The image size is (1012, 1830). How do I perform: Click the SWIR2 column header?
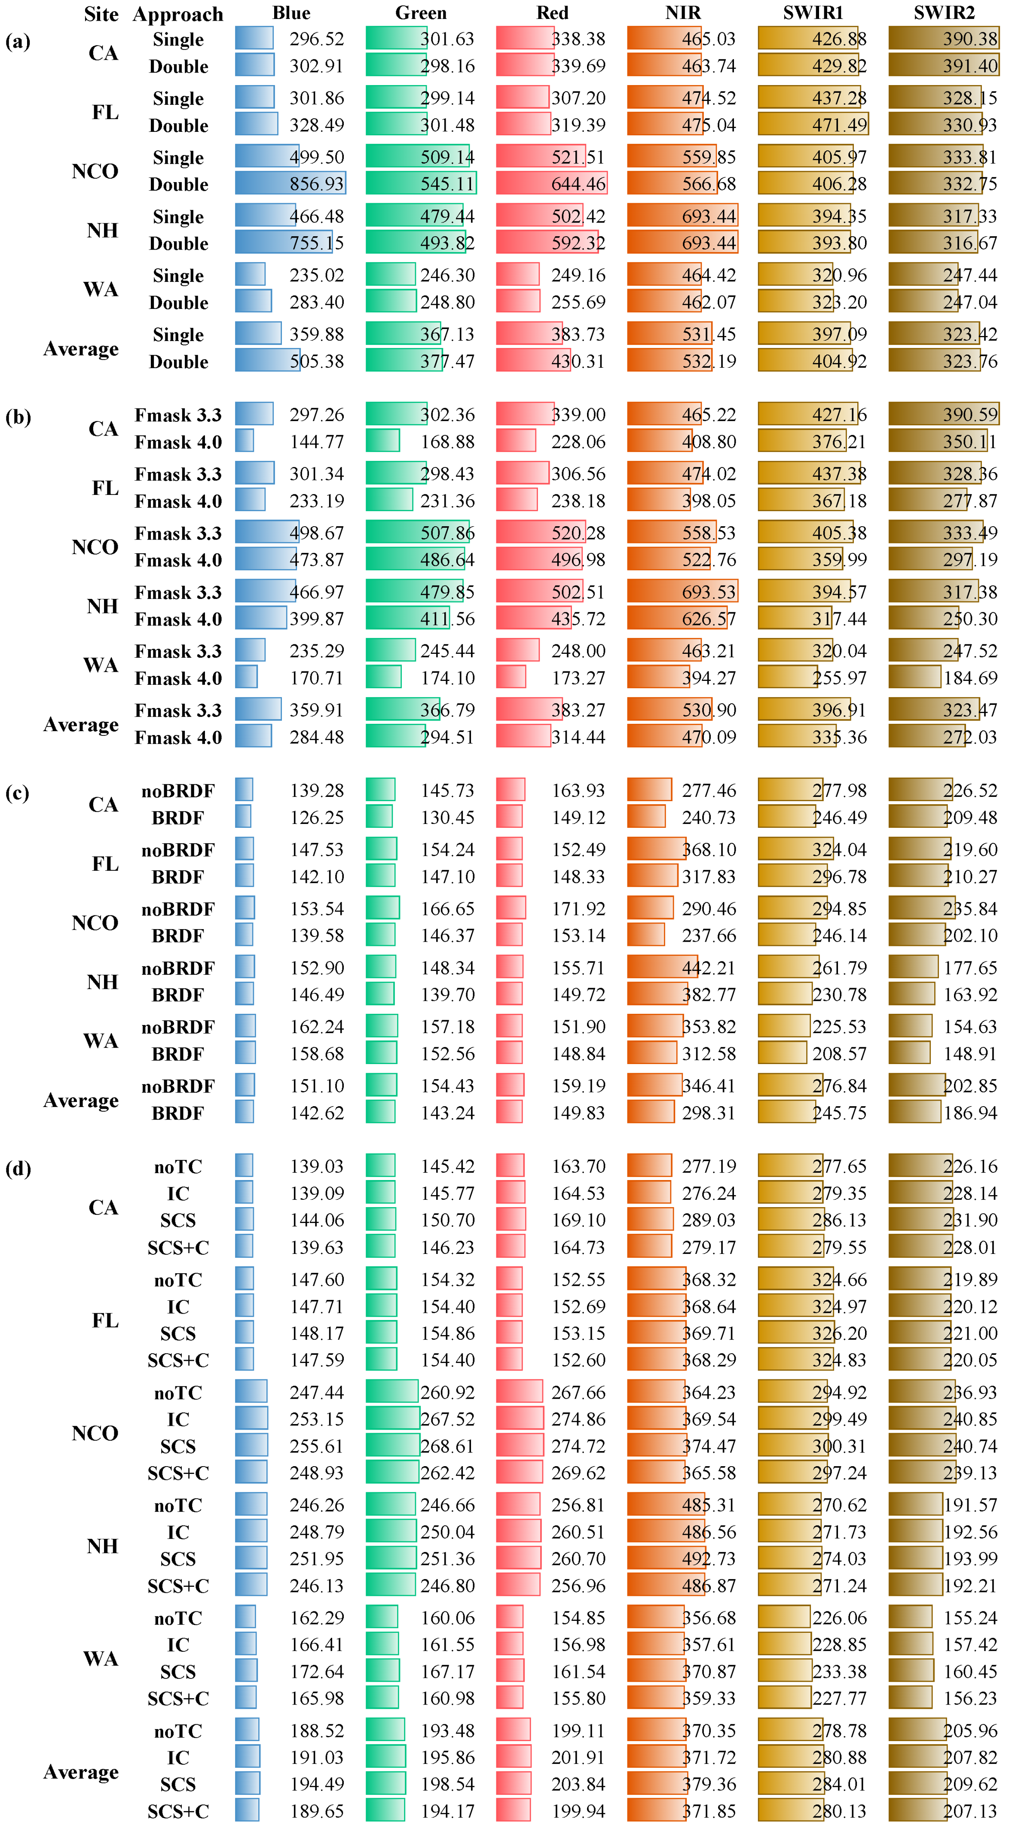(x=944, y=13)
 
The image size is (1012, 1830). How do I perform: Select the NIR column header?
(x=683, y=13)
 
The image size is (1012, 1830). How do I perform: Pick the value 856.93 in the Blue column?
(x=316, y=184)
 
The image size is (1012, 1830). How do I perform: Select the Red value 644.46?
(x=578, y=184)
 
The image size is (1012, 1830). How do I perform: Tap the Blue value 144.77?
(x=316, y=442)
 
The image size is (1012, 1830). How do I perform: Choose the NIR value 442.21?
(x=709, y=967)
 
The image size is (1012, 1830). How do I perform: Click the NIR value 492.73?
(x=709, y=1559)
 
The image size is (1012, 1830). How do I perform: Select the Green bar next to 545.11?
(x=421, y=183)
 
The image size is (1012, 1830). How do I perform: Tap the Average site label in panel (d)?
(x=81, y=1772)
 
